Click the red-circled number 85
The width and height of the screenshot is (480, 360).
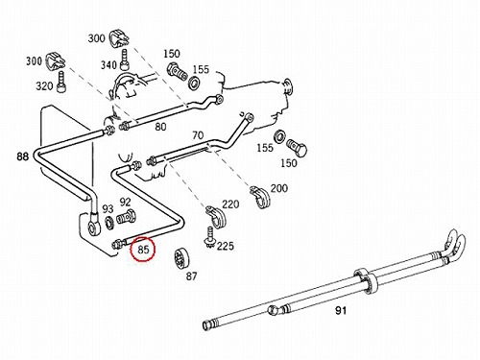[x=144, y=250]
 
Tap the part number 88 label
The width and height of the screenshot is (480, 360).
[x=23, y=156]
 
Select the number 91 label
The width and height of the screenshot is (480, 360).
[x=341, y=310]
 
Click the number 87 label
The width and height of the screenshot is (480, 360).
[x=191, y=276]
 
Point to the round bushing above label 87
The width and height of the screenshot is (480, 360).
[x=181, y=258]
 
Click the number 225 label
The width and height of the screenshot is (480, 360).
[x=226, y=246]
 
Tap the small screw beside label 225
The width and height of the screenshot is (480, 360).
[x=209, y=237]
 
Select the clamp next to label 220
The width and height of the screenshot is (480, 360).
[x=216, y=217]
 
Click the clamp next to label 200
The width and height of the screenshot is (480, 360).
[x=260, y=196]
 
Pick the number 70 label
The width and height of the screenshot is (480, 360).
[x=198, y=135]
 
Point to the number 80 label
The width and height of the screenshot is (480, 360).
[x=160, y=127]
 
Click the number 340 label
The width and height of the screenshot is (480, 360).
[x=108, y=65]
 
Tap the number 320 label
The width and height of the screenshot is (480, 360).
[x=44, y=86]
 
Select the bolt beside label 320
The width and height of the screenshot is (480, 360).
[x=60, y=82]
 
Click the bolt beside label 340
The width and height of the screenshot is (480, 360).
[x=125, y=60]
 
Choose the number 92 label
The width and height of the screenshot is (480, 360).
[x=125, y=202]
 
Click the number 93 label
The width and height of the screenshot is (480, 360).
[x=108, y=209]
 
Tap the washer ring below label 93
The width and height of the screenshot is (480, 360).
[x=110, y=223]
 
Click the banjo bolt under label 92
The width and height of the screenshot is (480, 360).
[x=126, y=218]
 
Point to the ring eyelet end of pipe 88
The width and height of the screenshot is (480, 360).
[x=94, y=227]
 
